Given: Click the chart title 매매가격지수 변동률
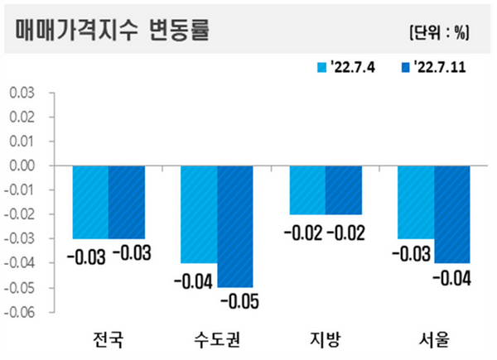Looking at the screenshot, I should tap(112, 31).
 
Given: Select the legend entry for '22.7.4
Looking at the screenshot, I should tap(347, 67).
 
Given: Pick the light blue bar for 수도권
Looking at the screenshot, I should tap(199, 214).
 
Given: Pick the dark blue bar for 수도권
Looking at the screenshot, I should tap(235, 227).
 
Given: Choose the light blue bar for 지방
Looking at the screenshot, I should tap(307, 190).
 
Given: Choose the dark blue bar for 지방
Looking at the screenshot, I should tap(344, 190).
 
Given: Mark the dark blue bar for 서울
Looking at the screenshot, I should tap(452, 214).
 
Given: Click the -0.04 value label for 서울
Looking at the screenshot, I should tap(451, 276).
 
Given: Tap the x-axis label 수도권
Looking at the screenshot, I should tap(217, 338).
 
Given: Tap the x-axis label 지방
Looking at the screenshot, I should tap(325, 338).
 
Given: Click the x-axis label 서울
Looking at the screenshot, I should tap(433, 338).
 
